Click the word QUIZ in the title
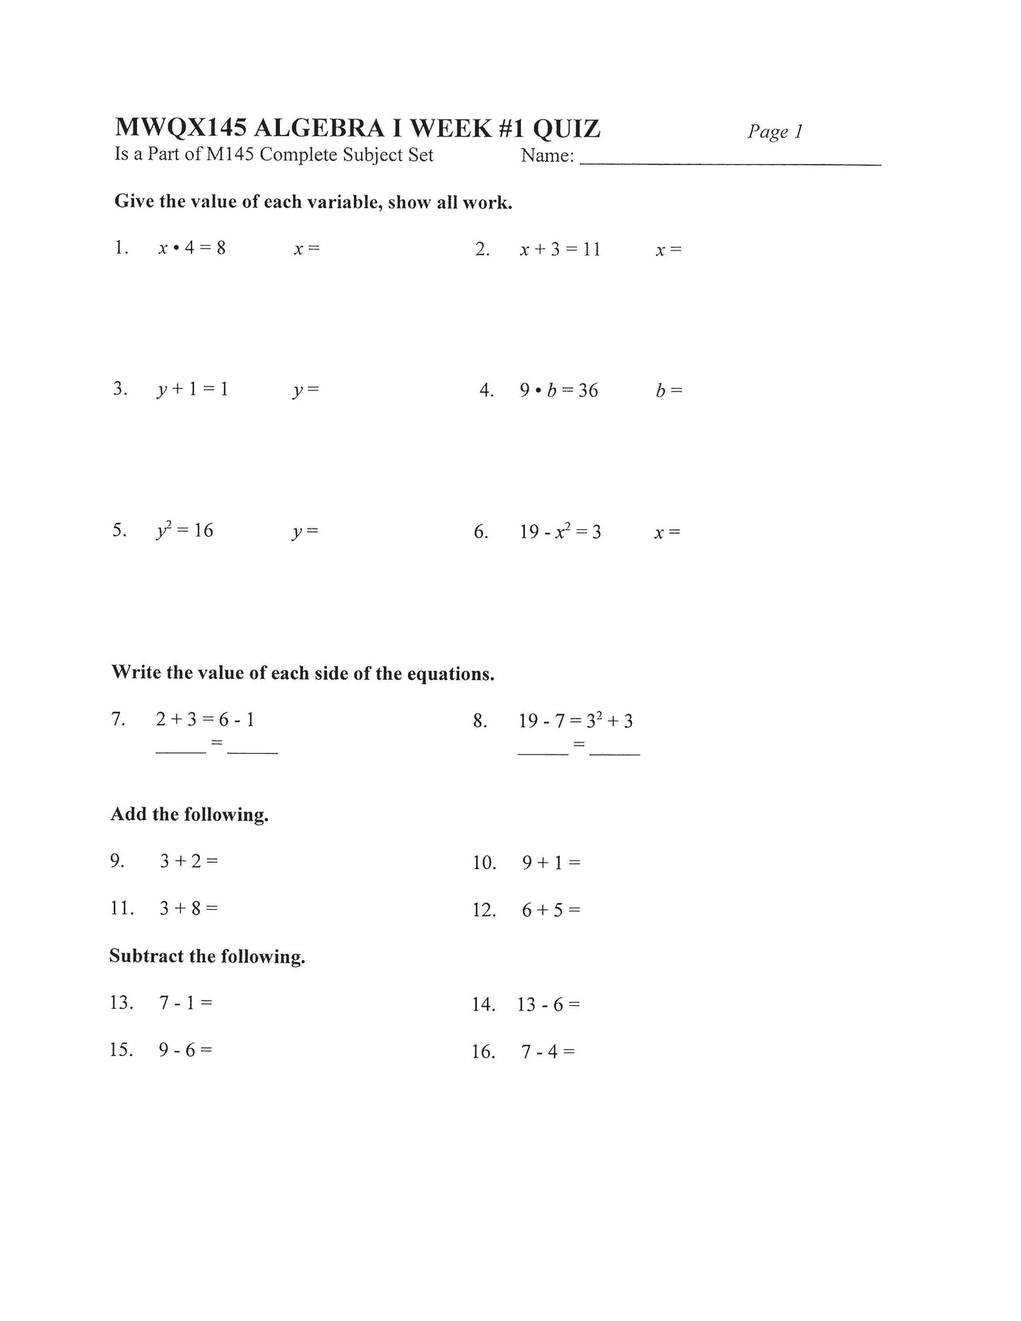tap(566, 129)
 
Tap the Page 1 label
tap(774, 131)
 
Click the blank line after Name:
tap(730, 162)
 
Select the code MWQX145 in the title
tap(180, 129)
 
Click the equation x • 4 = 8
tap(191, 248)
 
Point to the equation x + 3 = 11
tap(560, 249)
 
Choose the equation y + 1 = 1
tap(192, 389)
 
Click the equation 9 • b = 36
tap(558, 391)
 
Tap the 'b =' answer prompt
tap(668, 391)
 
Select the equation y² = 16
tap(184, 531)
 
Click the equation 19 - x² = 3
tap(560, 532)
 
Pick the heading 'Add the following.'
tap(189, 814)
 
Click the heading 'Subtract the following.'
tap(207, 956)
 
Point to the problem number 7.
tap(118, 719)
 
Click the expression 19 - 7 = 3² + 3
tap(575, 721)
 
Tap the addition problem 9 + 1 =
tap(551, 863)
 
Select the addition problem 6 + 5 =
tap(551, 910)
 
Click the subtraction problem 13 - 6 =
tap(548, 1005)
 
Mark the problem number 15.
tap(121, 1050)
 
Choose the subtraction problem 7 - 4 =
tap(548, 1052)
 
